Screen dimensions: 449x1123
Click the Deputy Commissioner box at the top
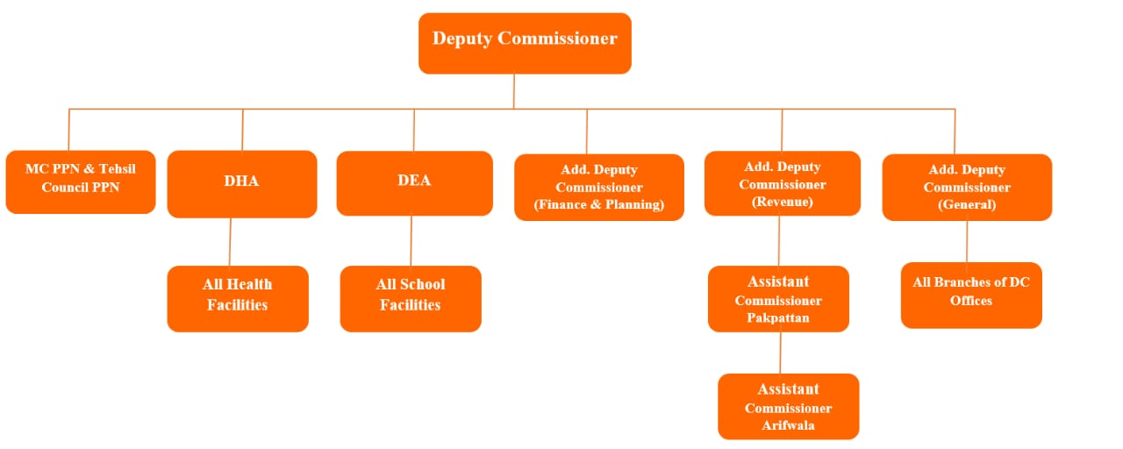pyautogui.click(x=525, y=43)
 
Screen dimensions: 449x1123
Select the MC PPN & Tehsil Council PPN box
pyautogui.click(x=81, y=182)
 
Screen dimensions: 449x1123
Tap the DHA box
pyautogui.click(x=241, y=183)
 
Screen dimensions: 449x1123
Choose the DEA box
pyautogui.click(x=414, y=182)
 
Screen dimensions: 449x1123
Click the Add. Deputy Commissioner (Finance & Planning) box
pyautogui.click(x=598, y=187)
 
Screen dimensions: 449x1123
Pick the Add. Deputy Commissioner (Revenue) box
pyautogui.click(x=782, y=184)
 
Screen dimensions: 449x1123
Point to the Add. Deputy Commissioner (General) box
pyautogui.click(x=966, y=187)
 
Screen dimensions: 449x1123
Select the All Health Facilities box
pyautogui.click(x=238, y=298)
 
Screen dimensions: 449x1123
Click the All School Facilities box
pyautogui.click(x=411, y=298)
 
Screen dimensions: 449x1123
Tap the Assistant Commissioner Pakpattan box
pyautogui.click(x=778, y=299)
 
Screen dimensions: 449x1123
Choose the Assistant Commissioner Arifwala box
pyautogui.click(x=788, y=406)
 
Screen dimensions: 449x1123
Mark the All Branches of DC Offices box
pyautogui.click(x=971, y=295)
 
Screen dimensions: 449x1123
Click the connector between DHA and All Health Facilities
pyautogui.click(x=231, y=241)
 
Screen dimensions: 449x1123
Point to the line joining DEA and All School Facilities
pyautogui.click(x=411, y=240)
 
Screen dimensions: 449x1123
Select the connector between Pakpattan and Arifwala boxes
pyautogui.click(x=780, y=353)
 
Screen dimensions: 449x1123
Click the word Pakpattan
pyautogui.click(x=778, y=317)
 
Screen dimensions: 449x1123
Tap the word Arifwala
pyautogui.click(x=788, y=425)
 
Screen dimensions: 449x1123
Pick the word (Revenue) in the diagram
pyautogui.click(x=782, y=202)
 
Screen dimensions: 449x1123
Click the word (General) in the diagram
pyautogui.click(x=966, y=204)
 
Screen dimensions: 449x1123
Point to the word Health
pyautogui.click(x=249, y=284)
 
